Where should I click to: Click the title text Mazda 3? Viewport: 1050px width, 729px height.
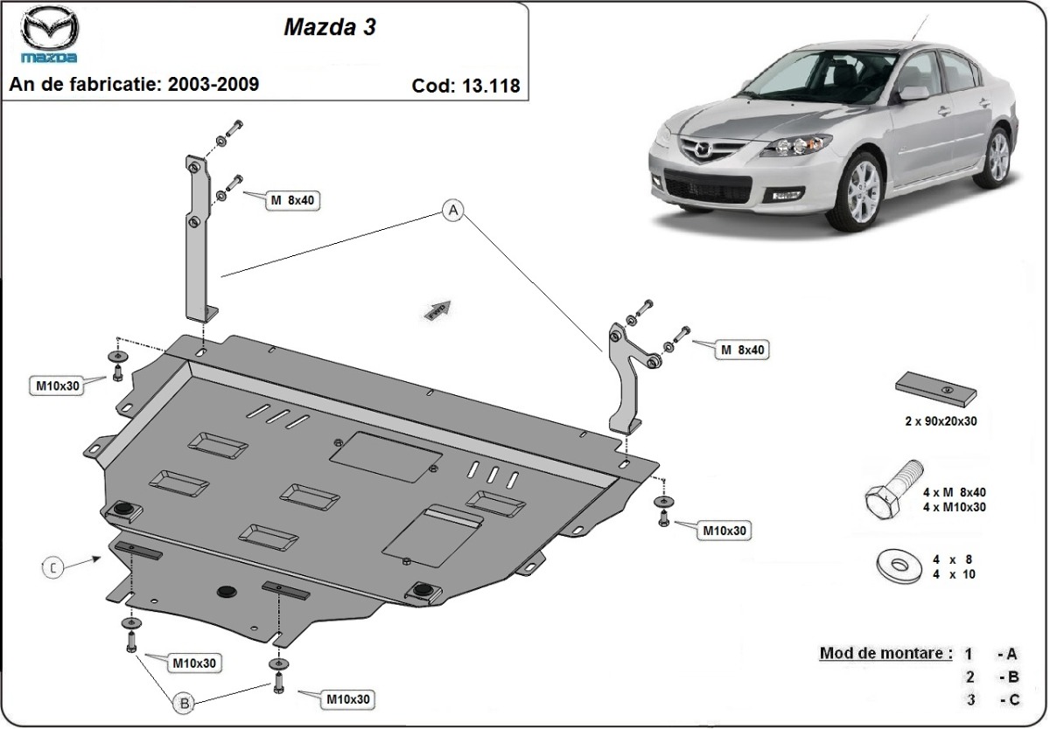[x=330, y=27]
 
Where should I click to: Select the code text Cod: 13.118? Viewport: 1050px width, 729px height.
[x=465, y=86]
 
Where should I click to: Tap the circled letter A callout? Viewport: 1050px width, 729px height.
[x=452, y=210]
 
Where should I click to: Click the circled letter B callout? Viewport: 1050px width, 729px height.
[x=183, y=702]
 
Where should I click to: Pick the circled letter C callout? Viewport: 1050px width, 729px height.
[x=52, y=568]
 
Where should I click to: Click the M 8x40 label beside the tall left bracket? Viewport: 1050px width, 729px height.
[x=291, y=200]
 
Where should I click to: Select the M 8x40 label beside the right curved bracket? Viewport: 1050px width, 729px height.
[x=744, y=350]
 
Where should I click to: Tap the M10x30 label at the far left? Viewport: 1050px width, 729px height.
[x=59, y=385]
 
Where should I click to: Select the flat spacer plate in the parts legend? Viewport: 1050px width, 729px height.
[x=935, y=390]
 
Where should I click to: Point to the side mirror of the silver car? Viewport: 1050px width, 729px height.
[x=913, y=94]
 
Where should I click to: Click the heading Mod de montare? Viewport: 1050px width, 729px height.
[x=885, y=653]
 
